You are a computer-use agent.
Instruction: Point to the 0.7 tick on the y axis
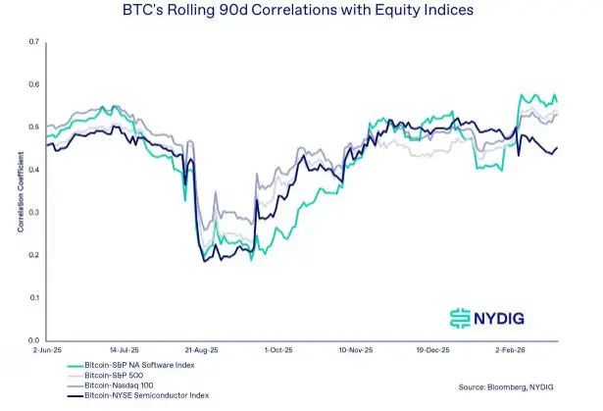coord(33,42)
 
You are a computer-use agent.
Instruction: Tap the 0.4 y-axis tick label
coord(33,170)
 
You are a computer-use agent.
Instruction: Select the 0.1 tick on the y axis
coord(33,297)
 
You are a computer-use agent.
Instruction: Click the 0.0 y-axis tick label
coord(33,339)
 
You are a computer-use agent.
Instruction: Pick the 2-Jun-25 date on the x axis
coord(48,348)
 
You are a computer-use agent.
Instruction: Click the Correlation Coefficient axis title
coord(19,192)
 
